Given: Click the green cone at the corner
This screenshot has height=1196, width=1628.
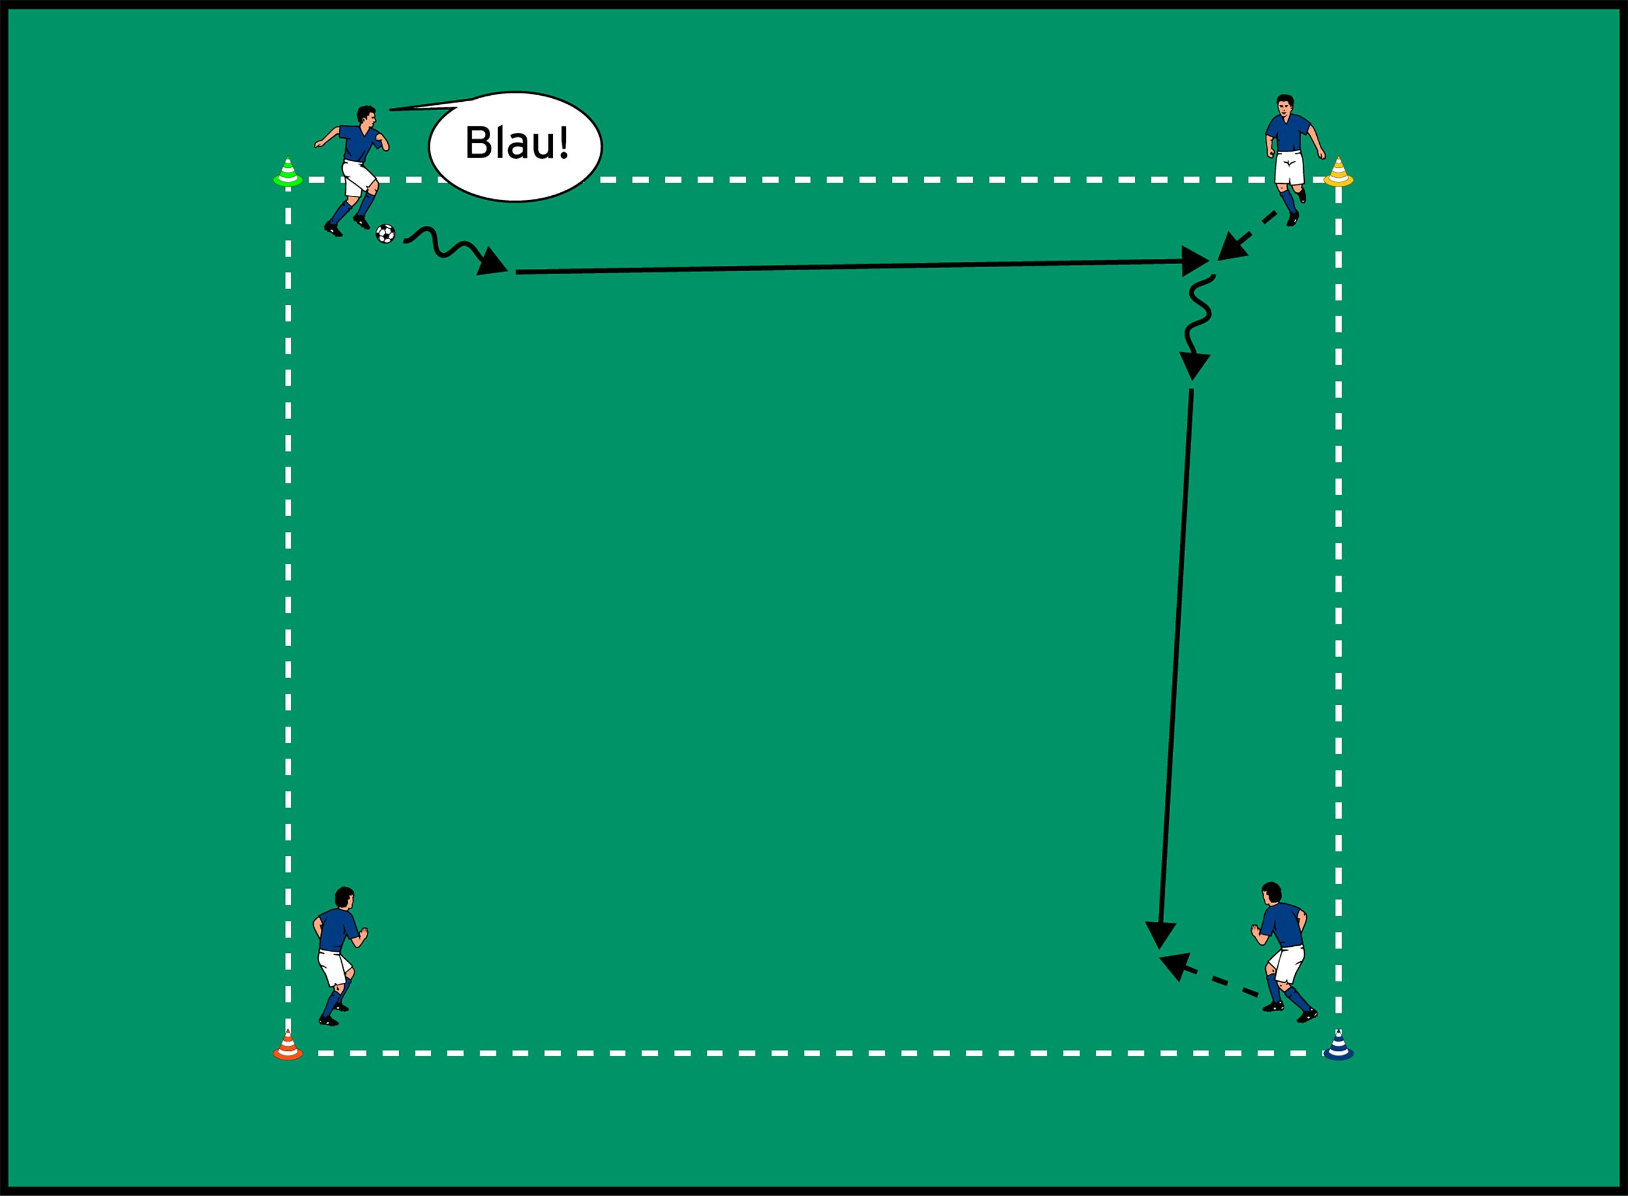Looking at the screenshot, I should coord(288,173).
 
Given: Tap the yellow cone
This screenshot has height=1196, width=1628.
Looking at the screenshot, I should coord(1338,173).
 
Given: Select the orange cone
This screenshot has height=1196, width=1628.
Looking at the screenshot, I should coord(288,1046).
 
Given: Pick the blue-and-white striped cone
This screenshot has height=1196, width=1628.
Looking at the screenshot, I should coord(1338,1046).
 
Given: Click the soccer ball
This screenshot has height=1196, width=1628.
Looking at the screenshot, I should coord(385,234).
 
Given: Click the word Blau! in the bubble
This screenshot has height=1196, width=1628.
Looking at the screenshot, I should coord(516,143).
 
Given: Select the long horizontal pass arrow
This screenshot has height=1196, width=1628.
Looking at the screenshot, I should coord(846,267).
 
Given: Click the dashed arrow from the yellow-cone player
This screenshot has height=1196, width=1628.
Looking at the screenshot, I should coord(1248,235).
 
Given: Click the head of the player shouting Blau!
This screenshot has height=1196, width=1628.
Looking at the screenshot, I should coord(367,116).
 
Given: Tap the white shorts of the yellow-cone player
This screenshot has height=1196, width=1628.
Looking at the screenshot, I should coord(1289,168).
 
